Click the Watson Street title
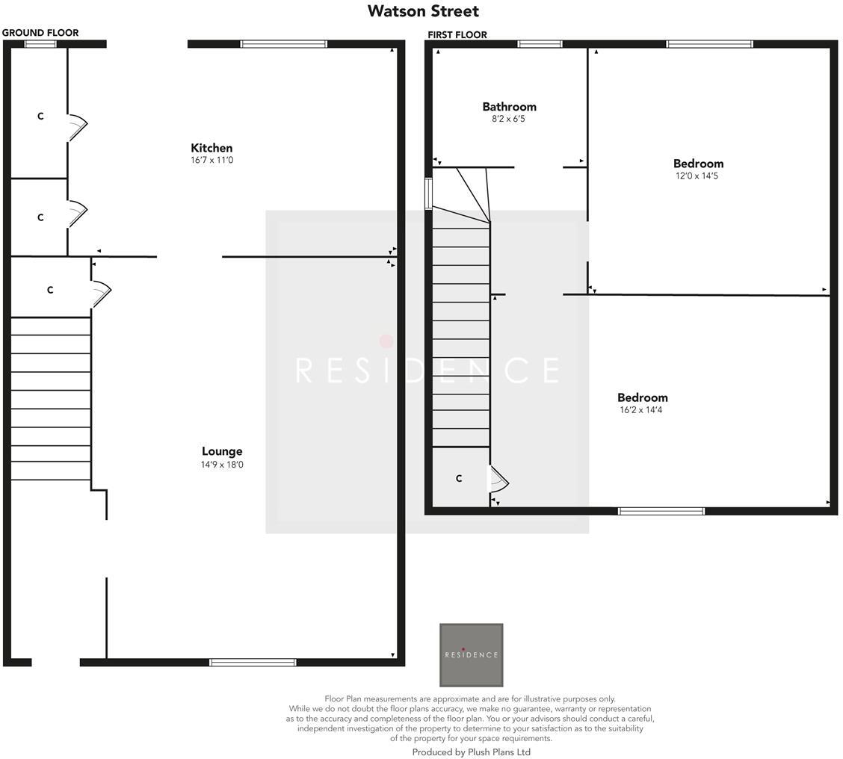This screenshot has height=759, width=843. point(423,11)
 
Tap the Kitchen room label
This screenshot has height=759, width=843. point(211,148)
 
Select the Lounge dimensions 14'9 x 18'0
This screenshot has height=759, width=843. point(222,465)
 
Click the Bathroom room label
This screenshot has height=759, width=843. point(509,107)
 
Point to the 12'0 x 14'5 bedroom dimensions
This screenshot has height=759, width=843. point(698,176)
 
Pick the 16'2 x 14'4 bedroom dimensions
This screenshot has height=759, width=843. point(641,410)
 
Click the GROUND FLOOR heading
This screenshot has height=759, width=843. point(40,33)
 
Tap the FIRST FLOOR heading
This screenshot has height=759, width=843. point(457,35)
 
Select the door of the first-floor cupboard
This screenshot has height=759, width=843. point(498,480)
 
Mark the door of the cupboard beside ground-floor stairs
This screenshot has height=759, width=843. point(101,293)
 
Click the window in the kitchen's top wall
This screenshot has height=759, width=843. point(283,44)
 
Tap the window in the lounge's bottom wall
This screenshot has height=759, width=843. point(253,662)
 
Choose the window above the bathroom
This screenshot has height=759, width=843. point(540,44)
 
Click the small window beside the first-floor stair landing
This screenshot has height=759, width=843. point(429,193)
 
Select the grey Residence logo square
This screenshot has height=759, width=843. point(471,655)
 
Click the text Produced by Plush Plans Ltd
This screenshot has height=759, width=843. point(471,752)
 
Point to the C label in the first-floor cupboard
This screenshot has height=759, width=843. point(459,479)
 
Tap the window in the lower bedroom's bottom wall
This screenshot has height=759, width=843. point(661,512)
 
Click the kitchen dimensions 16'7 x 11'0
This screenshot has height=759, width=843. point(211,160)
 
